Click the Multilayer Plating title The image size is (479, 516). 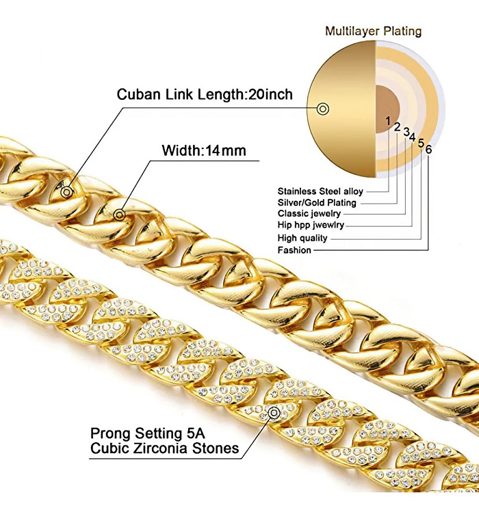coord(373,31)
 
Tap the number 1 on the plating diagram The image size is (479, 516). coord(388,121)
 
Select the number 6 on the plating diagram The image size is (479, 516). coord(428,150)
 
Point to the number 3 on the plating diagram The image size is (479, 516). coord(406,131)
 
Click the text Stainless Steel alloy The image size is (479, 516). coord(320,191)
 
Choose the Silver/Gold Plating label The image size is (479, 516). coord(317,203)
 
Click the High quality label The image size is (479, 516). coord(302,239)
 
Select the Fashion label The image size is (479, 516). coord(294,250)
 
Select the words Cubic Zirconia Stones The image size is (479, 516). coord(164,448)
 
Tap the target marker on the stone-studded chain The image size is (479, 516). coord(275,413)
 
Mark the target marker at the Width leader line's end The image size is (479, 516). coord(120,215)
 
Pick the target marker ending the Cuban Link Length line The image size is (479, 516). coord(66,193)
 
